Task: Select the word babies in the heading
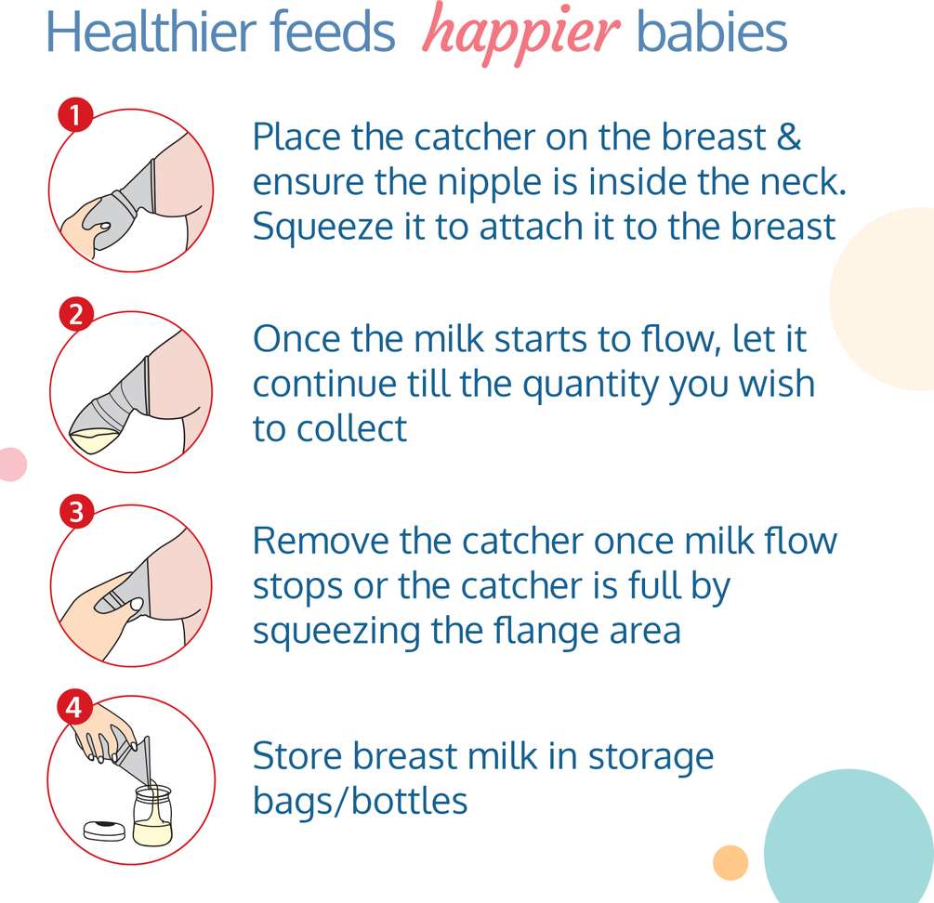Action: pos(712,32)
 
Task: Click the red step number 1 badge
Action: pos(75,115)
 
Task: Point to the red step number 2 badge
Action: pos(75,314)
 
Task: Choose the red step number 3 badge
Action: pos(76,511)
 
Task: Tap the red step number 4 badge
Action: pos(73,707)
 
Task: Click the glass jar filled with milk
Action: pos(152,816)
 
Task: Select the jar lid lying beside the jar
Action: pos(104,831)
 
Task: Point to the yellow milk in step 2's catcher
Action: pos(96,442)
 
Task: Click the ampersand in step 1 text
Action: pos(789,137)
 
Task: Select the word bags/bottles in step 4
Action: pos(361,801)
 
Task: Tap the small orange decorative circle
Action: pos(730,862)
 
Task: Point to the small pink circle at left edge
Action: pos(12,465)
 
